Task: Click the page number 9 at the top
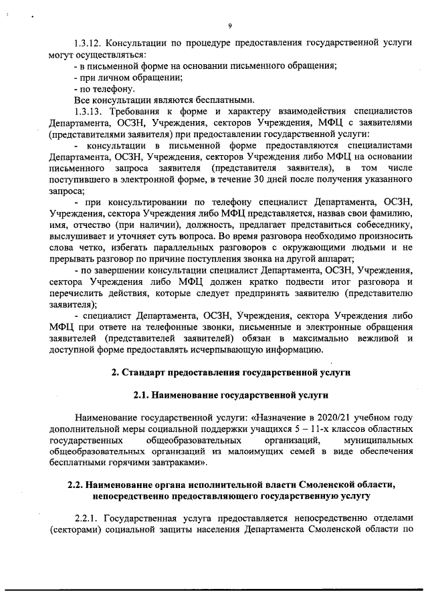(229, 25)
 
